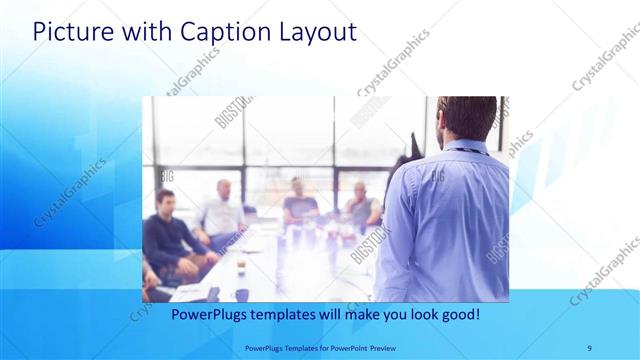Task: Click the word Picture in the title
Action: [68, 32]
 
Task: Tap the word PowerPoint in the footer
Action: [348, 347]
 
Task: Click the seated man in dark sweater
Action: [168, 240]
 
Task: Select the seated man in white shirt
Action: [218, 215]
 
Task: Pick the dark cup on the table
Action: [242, 293]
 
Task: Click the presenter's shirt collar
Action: [466, 147]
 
